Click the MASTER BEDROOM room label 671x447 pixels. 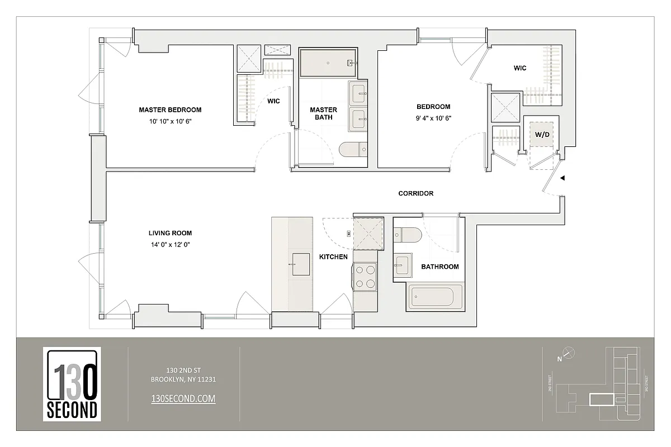170,110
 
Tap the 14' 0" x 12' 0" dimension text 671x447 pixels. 170,244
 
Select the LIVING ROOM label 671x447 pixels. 170,233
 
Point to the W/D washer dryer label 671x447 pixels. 541,135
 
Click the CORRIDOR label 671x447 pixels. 415,193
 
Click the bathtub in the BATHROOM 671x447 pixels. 436,296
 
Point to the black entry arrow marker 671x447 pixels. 564,178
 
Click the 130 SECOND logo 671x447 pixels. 72,384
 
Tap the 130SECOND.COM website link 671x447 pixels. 183,398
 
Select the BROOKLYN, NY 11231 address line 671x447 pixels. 183,379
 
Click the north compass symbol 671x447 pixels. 568,353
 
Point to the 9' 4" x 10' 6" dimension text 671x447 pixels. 433,118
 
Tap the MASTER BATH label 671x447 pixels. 323,113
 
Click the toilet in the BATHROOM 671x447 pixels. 407,235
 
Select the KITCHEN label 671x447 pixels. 333,257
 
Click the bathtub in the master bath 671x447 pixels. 328,63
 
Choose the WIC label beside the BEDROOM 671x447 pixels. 520,68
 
